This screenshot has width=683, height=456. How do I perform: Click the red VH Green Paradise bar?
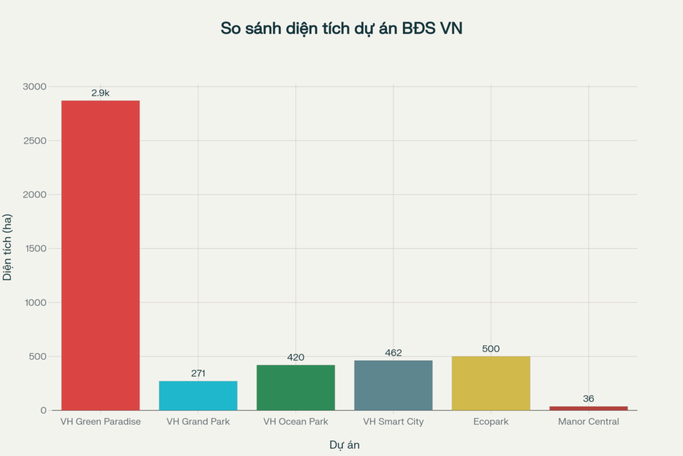pos(100,255)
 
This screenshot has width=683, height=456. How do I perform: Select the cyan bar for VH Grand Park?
pos(198,395)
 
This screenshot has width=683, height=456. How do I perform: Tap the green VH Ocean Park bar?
pos(295,387)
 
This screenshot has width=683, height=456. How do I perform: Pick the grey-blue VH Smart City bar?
pos(394,385)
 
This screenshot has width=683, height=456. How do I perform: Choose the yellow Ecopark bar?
pos(491,383)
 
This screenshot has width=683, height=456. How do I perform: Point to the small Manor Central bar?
pos(588,408)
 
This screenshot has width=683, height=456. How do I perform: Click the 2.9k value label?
pos(100,93)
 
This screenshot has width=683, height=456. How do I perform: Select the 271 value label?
pos(198,373)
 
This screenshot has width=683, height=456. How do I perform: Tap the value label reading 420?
pos(295,357)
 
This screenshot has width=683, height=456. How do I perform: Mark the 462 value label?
pos(394,353)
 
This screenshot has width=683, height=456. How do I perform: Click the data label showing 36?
pos(588,399)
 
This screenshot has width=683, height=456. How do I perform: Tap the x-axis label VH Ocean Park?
pos(295,422)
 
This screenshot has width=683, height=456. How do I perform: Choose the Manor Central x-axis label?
pos(588,422)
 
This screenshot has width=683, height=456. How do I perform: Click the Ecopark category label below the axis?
pos(491,422)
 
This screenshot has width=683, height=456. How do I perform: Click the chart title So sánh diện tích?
pos(341,29)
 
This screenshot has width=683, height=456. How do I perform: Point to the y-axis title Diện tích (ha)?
pos(8,248)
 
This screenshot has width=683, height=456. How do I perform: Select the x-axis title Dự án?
pos(344,445)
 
